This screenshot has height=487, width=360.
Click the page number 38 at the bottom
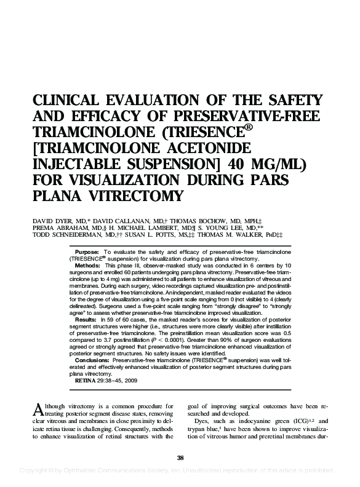[180, 457]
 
